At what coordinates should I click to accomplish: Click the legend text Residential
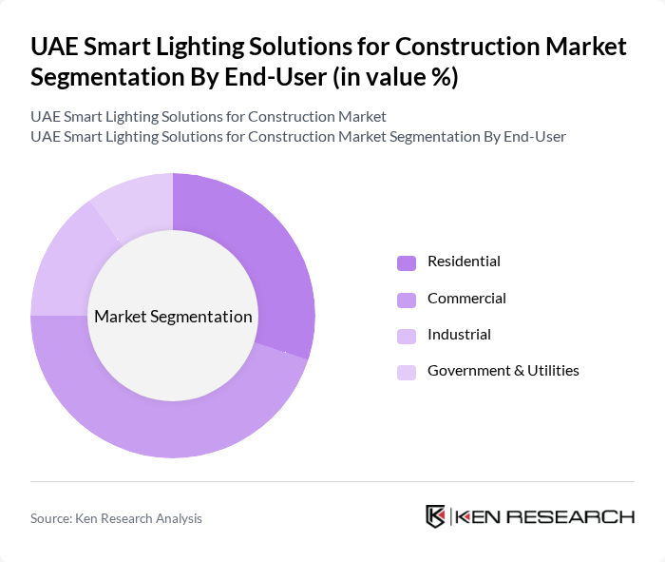pyautogui.click(x=464, y=262)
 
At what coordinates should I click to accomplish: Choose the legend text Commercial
pyautogui.click(x=466, y=299)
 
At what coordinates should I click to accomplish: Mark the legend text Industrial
pyautogui.click(x=459, y=335)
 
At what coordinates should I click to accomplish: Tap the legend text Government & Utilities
pyautogui.click(x=503, y=371)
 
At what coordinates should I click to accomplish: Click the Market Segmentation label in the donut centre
pyautogui.click(x=173, y=317)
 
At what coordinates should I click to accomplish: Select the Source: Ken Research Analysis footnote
pyautogui.click(x=116, y=518)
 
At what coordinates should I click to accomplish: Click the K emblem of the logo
pyautogui.click(x=436, y=516)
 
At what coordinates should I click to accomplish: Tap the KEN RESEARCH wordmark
pyautogui.click(x=545, y=517)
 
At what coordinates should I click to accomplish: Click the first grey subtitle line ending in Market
pyautogui.click(x=208, y=117)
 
